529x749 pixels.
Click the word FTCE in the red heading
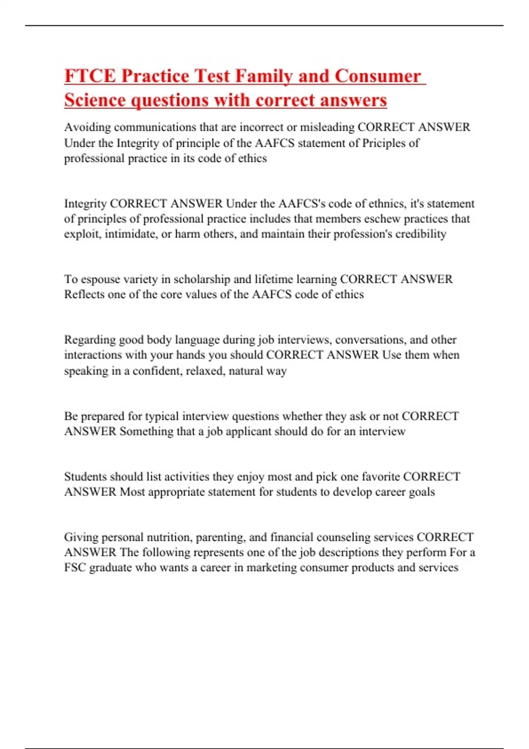(x=90, y=76)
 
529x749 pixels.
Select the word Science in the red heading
(x=95, y=100)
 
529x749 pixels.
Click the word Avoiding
(x=87, y=127)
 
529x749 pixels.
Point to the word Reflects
(x=84, y=294)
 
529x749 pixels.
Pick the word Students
(x=85, y=477)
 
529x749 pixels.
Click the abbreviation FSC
(x=75, y=567)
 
